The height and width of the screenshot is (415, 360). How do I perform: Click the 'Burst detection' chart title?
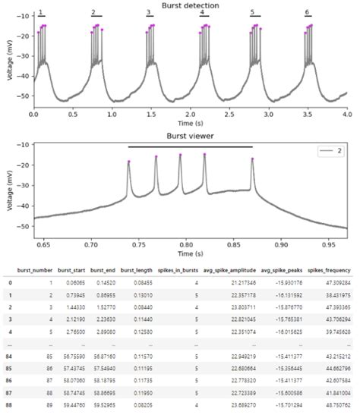[190, 5]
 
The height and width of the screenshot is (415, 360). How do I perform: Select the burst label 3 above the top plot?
[149, 13]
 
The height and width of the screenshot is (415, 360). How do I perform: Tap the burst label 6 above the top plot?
[307, 13]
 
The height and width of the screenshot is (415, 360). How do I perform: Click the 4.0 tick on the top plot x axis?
[346, 112]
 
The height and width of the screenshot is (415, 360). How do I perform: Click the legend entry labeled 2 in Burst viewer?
[334, 152]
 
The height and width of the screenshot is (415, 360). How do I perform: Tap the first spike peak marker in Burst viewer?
[128, 162]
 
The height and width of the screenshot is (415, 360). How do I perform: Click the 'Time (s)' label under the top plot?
[190, 121]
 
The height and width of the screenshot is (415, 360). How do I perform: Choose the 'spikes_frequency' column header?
[331, 270]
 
